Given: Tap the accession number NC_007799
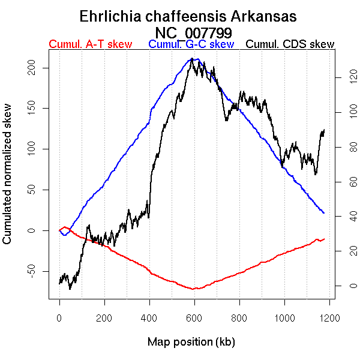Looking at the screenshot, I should [x=193, y=32].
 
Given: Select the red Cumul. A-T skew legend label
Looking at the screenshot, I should [x=90, y=44].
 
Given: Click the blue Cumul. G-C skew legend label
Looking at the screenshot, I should [x=191, y=44].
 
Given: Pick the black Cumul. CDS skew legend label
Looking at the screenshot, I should [x=290, y=44].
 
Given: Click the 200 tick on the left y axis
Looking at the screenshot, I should [x=40, y=67].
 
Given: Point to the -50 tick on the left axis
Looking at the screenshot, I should [x=40, y=271].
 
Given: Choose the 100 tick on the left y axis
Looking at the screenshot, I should [x=40, y=149].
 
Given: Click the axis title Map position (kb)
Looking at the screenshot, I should [x=191, y=343].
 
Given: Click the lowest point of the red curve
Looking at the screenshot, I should [x=195, y=289].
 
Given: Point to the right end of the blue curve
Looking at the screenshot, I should [x=324, y=213].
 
